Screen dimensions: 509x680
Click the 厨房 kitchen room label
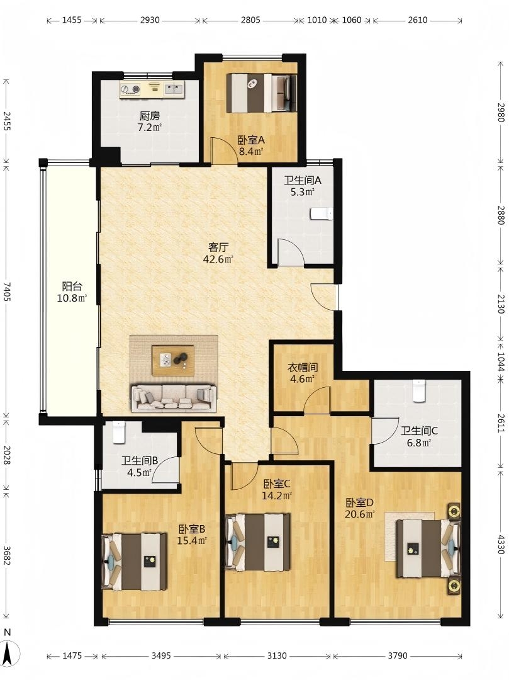150,116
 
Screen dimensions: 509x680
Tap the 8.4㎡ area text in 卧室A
252,152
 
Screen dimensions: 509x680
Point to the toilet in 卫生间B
119,433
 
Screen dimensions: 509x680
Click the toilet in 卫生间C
419,390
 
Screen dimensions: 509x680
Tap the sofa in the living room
173,398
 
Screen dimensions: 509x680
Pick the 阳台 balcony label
72,286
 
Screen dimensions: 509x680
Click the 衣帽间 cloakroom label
303,368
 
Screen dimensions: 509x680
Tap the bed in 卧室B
134,562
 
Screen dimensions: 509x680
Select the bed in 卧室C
258,542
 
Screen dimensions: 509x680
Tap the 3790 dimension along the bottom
397,655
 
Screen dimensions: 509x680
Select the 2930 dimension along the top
150,20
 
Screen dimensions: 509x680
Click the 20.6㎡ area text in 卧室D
360,515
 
